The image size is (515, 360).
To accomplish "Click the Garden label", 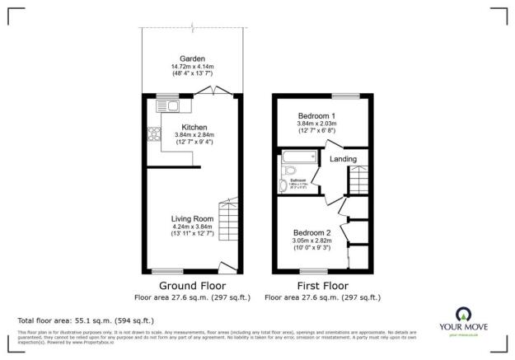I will (x=192, y=58).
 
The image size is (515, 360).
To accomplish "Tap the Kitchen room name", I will (x=194, y=127).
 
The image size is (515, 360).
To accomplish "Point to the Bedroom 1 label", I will (x=316, y=115).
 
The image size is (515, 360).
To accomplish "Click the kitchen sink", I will (x=172, y=105).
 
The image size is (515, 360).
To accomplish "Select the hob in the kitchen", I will (x=154, y=137).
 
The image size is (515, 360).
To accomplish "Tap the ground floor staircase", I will (x=228, y=217).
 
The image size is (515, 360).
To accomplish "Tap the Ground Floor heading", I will (x=192, y=285).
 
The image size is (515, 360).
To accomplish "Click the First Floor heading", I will (x=322, y=285).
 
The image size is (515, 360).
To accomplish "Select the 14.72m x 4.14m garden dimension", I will (x=192, y=67).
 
